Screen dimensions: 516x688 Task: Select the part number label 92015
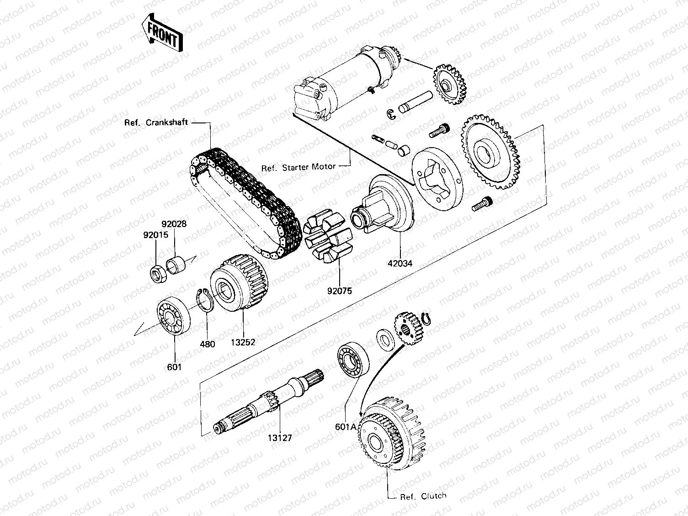156,235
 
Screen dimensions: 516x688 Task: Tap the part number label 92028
174,225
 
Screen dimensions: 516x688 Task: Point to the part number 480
207,344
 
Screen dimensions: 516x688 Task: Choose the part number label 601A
346,426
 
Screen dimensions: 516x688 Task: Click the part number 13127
280,438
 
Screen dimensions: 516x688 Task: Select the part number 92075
340,291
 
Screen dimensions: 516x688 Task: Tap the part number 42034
400,264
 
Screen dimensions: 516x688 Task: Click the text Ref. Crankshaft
156,122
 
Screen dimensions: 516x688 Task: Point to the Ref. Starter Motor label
299,167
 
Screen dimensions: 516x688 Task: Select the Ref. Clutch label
423,496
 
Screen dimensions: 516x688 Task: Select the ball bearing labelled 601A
353,358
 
